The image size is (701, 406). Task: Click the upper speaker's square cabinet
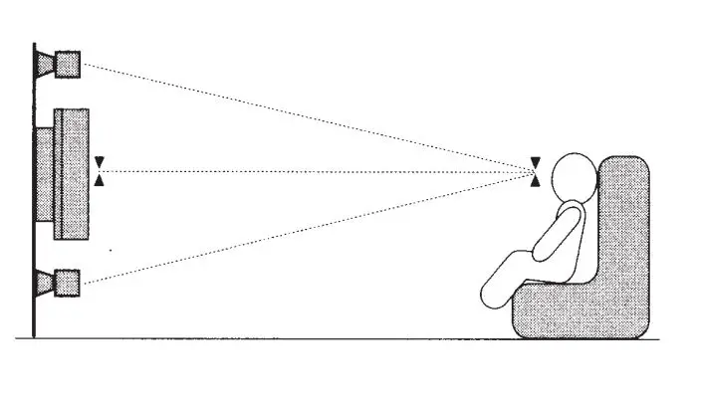(x=67, y=64)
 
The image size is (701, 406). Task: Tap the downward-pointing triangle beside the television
(x=99, y=161)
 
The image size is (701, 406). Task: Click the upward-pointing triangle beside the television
(x=99, y=180)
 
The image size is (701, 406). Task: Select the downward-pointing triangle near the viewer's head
(x=536, y=162)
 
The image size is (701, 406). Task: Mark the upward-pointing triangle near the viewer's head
(x=536, y=181)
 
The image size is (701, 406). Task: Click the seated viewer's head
(x=573, y=177)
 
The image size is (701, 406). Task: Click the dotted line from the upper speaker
(x=299, y=114)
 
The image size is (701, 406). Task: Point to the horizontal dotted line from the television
(x=299, y=171)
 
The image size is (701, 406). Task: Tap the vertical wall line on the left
(x=35, y=199)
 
